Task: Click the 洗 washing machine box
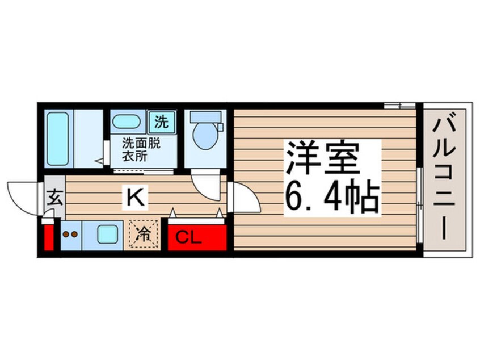162,121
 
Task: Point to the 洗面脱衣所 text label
141,148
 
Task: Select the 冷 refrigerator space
144,233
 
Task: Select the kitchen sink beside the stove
106,234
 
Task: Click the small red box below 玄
49,237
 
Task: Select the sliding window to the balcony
419,204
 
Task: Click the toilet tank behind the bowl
204,117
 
